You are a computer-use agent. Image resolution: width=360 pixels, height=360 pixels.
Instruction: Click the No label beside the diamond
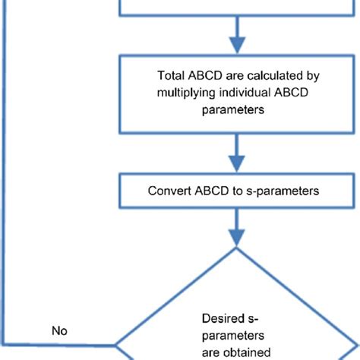pos(60,331)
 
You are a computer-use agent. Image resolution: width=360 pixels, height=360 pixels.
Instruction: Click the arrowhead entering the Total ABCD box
pos(238,47)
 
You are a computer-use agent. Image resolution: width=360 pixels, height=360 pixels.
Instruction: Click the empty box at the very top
pos(238,8)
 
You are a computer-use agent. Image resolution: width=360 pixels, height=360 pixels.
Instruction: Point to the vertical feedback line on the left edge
pos(5,190)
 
